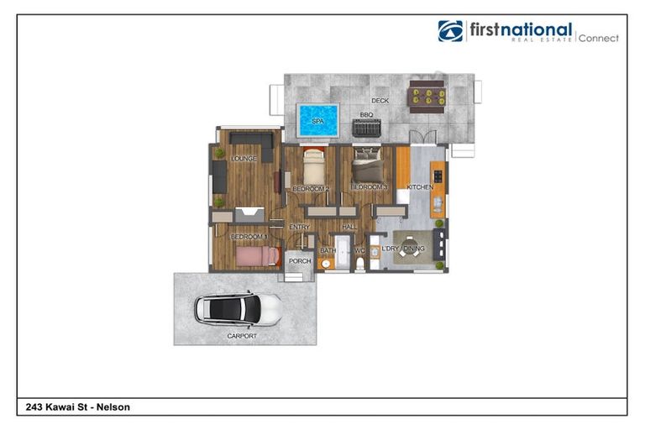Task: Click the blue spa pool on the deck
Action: (317, 120)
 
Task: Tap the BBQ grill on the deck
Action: (366, 128)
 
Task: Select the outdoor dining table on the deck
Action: (427, 96)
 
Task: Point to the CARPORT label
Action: (242, 335)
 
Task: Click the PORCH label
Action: (299, 261)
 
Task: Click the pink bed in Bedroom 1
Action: (255, 255)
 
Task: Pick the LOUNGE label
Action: (244, 158)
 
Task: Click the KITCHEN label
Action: (419, 186)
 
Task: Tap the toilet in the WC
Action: (360, 264)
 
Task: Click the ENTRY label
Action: (299, 227)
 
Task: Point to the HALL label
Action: (349, 227)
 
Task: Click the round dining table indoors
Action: (411, 250)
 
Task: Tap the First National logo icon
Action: (450, 31)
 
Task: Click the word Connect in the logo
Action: (598, 38)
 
